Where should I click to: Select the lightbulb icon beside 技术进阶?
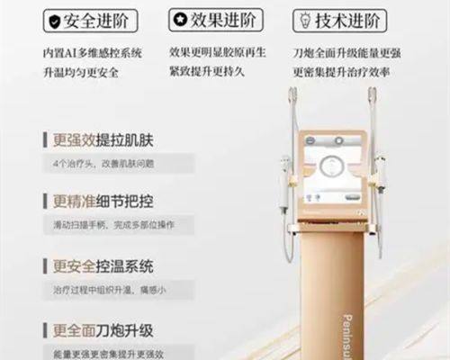pos(305,19)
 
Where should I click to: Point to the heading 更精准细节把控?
pos(105,202)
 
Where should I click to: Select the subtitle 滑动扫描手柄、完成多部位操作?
pos(113,225)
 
